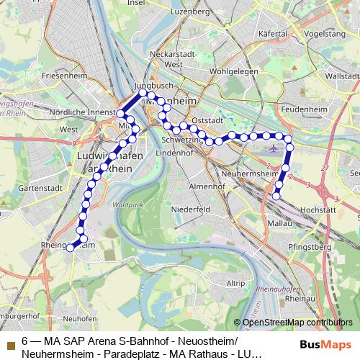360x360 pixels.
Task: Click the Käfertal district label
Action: click(x=290, y=33)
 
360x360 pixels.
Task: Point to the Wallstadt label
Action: click(x=342, y=75)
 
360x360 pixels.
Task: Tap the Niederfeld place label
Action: click(x=191, y=209)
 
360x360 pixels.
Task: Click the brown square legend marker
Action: click(x=11, y=341)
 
